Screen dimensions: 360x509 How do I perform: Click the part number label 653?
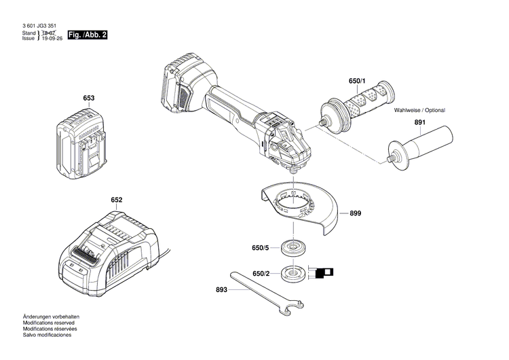(89, 98)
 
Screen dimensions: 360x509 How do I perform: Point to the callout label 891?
(420, 123)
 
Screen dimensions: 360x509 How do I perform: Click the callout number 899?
(356, 213)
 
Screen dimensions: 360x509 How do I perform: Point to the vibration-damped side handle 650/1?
(356, 108)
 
